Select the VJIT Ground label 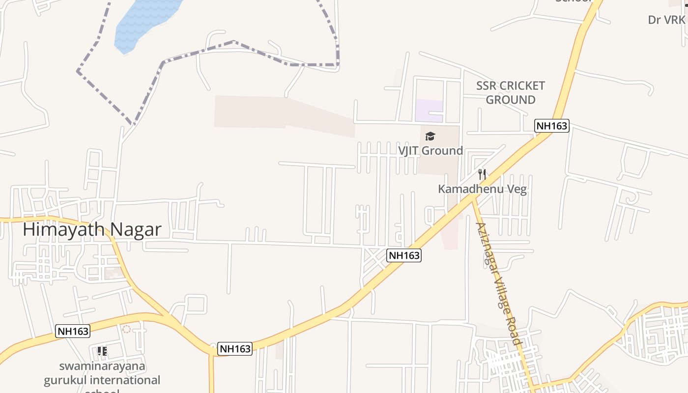(430, 150)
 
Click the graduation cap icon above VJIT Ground (430, 136)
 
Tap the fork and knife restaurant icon (482, 174)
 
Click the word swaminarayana (102, 366)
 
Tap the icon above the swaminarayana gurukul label (102, 351)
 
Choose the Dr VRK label (666, 20)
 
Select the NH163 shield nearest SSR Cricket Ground (551, 126)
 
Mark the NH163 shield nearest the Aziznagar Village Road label (404, 255)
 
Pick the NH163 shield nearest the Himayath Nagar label (73, 331)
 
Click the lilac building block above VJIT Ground (429, 110)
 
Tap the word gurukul (65, 380)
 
